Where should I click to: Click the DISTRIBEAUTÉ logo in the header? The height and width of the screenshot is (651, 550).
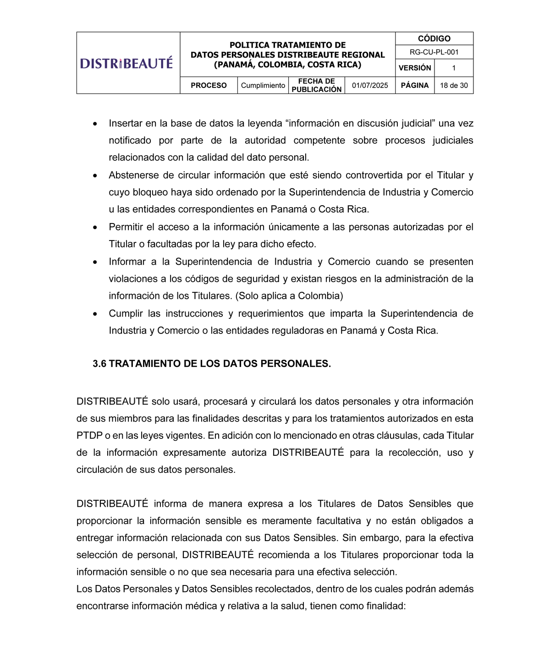[126, 63]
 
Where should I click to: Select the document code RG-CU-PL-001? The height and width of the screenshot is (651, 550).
[434, 52]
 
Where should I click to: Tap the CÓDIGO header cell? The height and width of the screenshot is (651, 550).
[434, 38]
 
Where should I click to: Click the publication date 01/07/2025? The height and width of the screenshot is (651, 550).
[370, 86]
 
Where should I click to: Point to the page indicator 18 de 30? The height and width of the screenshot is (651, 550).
[454, 86]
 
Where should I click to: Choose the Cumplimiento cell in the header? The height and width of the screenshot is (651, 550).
[263, 86]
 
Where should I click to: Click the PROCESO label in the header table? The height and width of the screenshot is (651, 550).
[209, 86]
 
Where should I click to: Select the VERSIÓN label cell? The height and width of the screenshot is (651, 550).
[415, 68]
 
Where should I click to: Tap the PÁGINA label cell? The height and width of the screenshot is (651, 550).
[415, 86]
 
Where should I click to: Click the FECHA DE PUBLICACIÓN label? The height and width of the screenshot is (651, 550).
[317, 86]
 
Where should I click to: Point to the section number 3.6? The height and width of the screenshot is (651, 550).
[99, 364]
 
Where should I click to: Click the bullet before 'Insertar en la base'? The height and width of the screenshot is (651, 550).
[95, 124]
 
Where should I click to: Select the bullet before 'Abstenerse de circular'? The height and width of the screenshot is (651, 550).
[95, 176]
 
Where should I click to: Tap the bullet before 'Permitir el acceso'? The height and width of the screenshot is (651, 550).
[95, 228]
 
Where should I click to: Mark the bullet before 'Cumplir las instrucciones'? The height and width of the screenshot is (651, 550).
[95, 314]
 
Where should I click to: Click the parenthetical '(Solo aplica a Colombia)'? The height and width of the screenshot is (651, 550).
[289, 296]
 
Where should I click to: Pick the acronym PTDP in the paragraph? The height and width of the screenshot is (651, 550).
[89, 436]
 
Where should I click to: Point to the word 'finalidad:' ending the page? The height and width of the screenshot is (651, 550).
[386, 606]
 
